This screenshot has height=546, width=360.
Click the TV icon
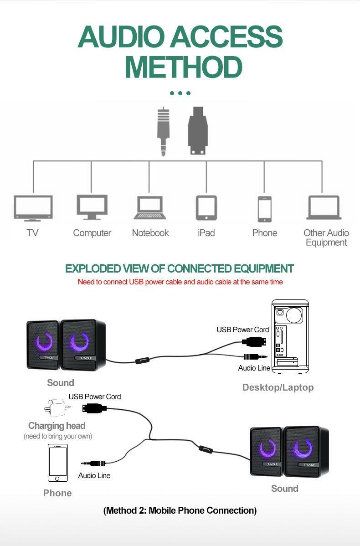click(33, 208)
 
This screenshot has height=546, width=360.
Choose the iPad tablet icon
click(206, 208)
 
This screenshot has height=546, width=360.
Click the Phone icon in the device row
click(264, 209)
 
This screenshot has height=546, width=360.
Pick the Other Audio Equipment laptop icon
click(324, 208)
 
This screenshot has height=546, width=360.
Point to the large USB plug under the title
click(197, 131)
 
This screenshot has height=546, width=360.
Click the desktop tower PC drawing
click(290, 337)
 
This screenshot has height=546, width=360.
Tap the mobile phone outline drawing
click(58, 463)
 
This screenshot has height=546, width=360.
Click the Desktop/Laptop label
click(278, 387)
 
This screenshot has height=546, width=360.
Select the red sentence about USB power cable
click(180, 282)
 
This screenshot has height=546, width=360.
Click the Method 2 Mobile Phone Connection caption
click(180, 510)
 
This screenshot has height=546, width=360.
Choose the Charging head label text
click(57, 426)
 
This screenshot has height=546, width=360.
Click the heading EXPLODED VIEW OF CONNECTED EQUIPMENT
click(180, 268)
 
